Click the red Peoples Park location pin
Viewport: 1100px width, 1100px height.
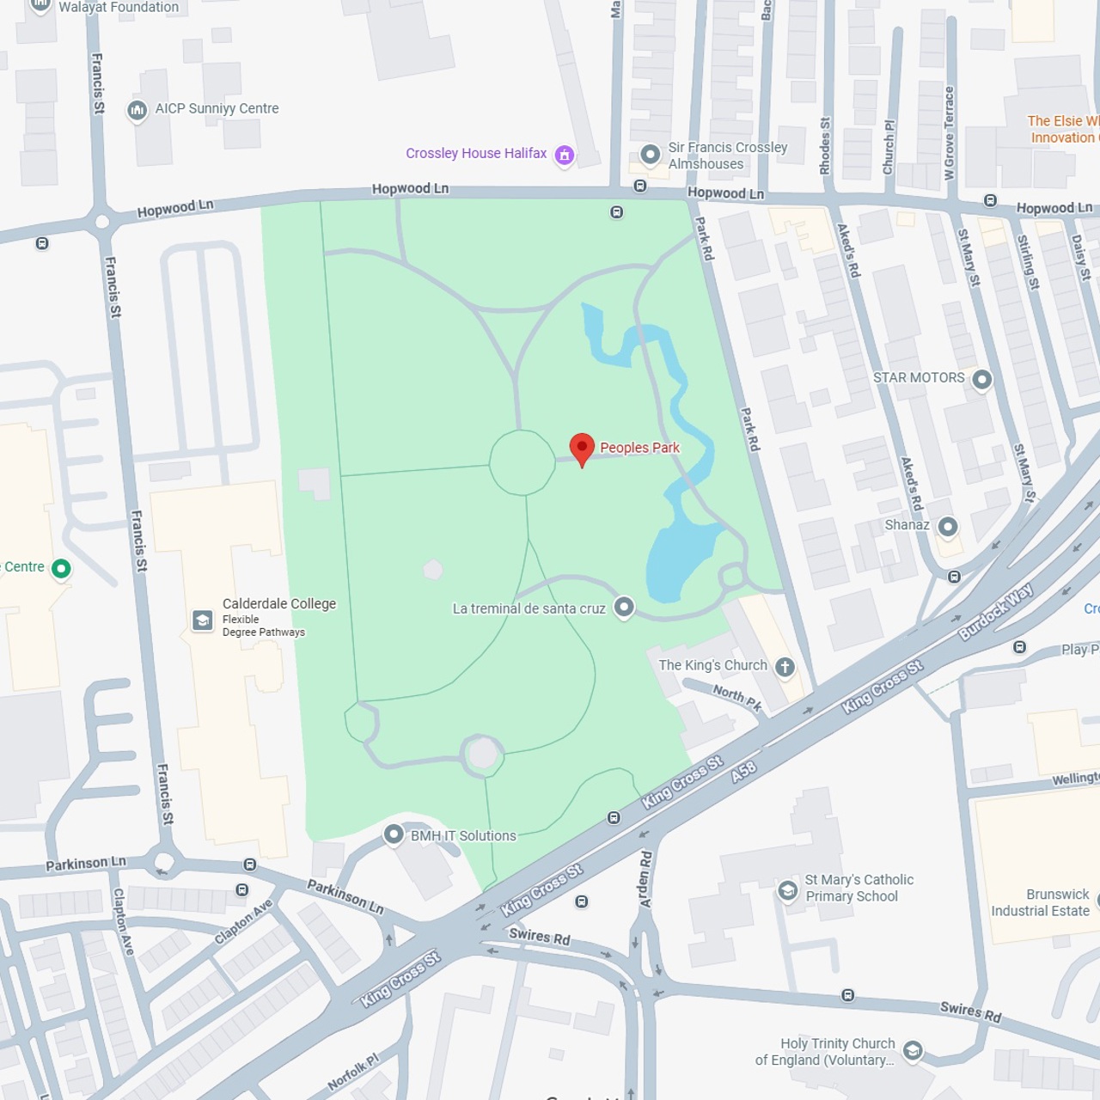coord(582,448)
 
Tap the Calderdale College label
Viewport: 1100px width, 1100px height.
coord(278,603)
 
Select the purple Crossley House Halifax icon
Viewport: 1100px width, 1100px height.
coord(565,155)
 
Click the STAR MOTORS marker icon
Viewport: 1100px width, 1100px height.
coord(981,379)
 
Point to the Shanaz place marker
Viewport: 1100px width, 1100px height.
coord(947,526)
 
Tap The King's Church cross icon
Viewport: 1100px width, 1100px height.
coord(784,667)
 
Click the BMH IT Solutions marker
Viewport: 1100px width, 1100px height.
coord(394,834)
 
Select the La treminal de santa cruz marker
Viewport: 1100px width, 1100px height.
coord(624,608)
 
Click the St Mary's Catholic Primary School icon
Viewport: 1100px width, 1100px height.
coord(787,890)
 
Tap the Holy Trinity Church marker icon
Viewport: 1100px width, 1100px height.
coord(913,1050)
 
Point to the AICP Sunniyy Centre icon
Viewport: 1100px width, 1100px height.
coord(137,110)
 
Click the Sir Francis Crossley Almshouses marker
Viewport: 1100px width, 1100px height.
coord(651,155)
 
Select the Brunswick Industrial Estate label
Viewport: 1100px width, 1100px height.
coord(1040,902)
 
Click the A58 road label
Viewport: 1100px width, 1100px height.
coord(743,771)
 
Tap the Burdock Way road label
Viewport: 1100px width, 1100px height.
coord(996,611)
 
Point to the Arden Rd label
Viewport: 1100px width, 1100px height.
coord(645,879)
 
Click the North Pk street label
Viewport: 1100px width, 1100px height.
coord(737,697)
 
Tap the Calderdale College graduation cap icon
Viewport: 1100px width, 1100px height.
coord(203,620)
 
